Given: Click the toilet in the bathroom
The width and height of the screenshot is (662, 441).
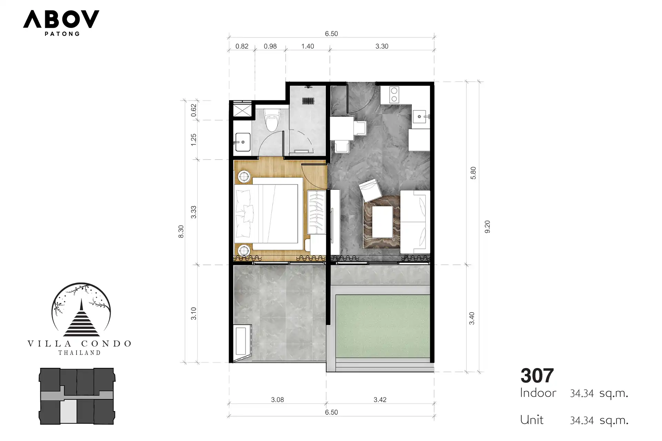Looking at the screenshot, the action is point(272,120).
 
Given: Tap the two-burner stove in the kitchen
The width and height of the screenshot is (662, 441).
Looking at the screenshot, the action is point(394,95).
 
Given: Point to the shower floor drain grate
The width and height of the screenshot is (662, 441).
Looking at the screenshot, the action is point(308,101).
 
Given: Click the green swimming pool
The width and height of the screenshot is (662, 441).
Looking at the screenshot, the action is point(383,326).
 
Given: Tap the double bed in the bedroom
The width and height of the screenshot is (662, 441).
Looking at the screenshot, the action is point(266,214).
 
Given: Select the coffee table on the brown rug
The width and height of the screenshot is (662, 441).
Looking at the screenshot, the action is point(382,222).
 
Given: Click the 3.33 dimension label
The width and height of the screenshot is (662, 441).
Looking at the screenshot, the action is point(193,212).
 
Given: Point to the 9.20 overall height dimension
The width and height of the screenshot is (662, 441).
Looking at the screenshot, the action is point(487,227).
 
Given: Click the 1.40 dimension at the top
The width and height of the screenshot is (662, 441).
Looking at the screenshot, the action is point(308,46).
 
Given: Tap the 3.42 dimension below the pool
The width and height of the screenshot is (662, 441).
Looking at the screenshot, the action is point(380,400).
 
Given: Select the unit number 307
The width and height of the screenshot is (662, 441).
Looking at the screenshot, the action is point(537,376).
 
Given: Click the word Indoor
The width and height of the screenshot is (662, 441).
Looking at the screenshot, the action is point(538,393).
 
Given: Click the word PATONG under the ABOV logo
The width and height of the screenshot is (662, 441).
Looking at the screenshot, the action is point(62,34).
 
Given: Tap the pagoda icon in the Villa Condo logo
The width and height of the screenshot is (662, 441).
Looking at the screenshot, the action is point(81,319).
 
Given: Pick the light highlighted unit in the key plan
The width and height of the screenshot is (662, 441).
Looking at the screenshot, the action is point(69,411).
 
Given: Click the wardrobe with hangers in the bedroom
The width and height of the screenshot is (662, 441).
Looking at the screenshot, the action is point(316,213).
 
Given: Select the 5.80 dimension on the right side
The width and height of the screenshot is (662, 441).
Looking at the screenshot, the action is point(473,173).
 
